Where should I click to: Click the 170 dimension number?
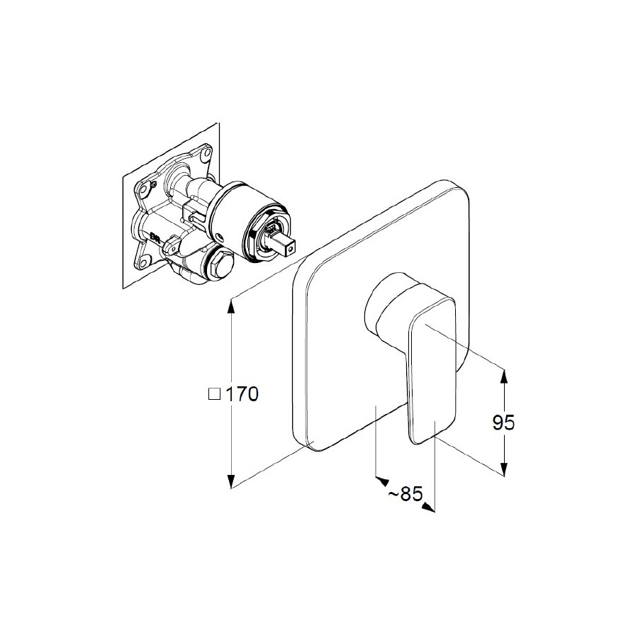coord(242,394)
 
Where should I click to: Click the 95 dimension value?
coord(503,422)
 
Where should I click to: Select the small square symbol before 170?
coord(214,394)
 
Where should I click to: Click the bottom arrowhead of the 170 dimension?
coord(230,479)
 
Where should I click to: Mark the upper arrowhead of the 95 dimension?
coord(504,377)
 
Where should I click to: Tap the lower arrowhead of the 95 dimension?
coord(504,468)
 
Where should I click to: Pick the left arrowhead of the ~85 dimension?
coord(381,481)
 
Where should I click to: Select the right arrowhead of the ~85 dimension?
coord(428,507)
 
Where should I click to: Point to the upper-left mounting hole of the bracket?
coord(145,189)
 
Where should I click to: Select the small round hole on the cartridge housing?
coord(220,236)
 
